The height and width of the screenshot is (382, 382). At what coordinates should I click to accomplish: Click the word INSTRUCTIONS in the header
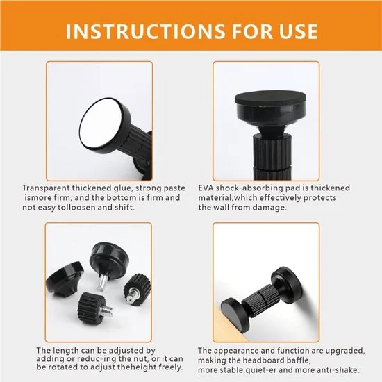tap(146, 31)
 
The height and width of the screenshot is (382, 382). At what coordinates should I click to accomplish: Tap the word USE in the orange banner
tap(299, 31)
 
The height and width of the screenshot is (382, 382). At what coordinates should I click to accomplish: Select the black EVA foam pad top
tap(270, 98)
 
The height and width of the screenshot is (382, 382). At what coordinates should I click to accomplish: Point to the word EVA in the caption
tap(206, 188)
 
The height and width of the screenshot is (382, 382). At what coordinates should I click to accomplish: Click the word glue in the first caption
tap(123, 188)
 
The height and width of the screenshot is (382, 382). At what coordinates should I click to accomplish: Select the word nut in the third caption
tap(141, 359)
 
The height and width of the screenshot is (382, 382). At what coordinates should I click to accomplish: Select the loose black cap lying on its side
tap(65, 280)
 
